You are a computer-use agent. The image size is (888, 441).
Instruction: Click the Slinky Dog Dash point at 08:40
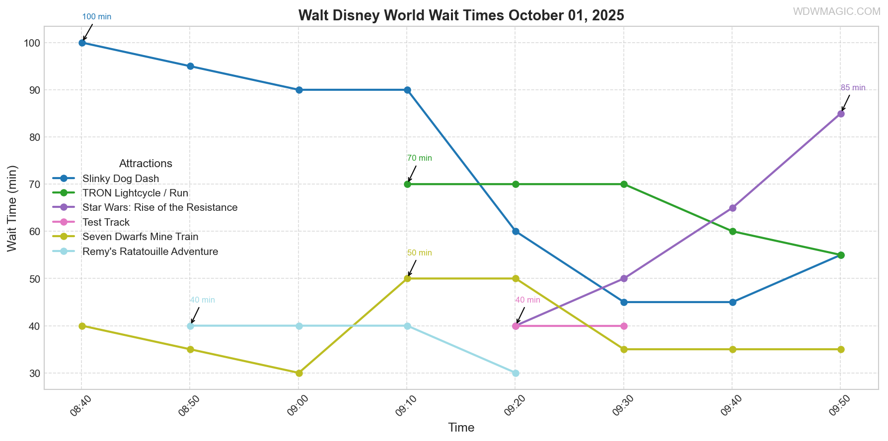pos(82,43)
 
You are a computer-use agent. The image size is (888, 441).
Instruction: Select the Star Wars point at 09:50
pos(841,114)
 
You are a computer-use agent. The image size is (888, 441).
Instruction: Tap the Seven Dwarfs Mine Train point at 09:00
pos(299,373)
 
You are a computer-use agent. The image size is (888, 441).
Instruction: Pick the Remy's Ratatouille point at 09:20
pos(516,373)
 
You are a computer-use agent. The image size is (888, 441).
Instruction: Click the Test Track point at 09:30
pos(624,326)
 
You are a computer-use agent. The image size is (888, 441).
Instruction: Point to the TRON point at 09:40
pos(733,232)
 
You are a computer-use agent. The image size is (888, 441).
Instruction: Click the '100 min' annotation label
pos(96,17)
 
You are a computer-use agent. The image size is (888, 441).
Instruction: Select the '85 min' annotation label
pos(853,88)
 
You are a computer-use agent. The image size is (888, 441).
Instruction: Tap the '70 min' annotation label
pos(419,158)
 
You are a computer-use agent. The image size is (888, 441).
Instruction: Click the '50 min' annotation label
pos(419,253)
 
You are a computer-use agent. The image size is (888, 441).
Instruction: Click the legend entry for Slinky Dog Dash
pos(121,179)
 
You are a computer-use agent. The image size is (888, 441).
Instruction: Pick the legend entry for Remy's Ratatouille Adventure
pos(150,252)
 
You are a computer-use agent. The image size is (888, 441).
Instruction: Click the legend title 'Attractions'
pos(146,164)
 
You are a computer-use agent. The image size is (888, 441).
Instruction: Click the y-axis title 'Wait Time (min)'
pos(12,208)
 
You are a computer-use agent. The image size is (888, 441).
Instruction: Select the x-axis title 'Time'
pos(461,428)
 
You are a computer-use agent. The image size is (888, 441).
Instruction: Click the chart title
pos(461,15)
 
